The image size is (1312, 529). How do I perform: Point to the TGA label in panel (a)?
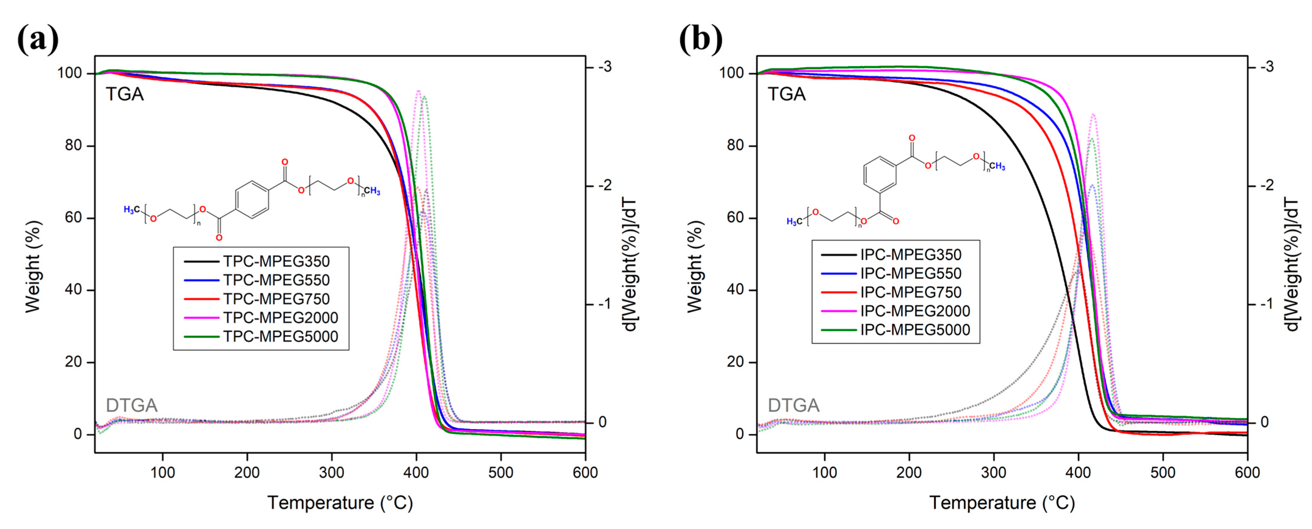tap(125, 94)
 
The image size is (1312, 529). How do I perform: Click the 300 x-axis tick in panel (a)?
tap(331, 472)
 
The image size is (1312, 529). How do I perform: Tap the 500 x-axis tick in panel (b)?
tap(1163, 472)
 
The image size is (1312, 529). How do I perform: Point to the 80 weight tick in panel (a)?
tap(73, 146)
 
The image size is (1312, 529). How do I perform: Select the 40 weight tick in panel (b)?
tap(735, 290)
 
